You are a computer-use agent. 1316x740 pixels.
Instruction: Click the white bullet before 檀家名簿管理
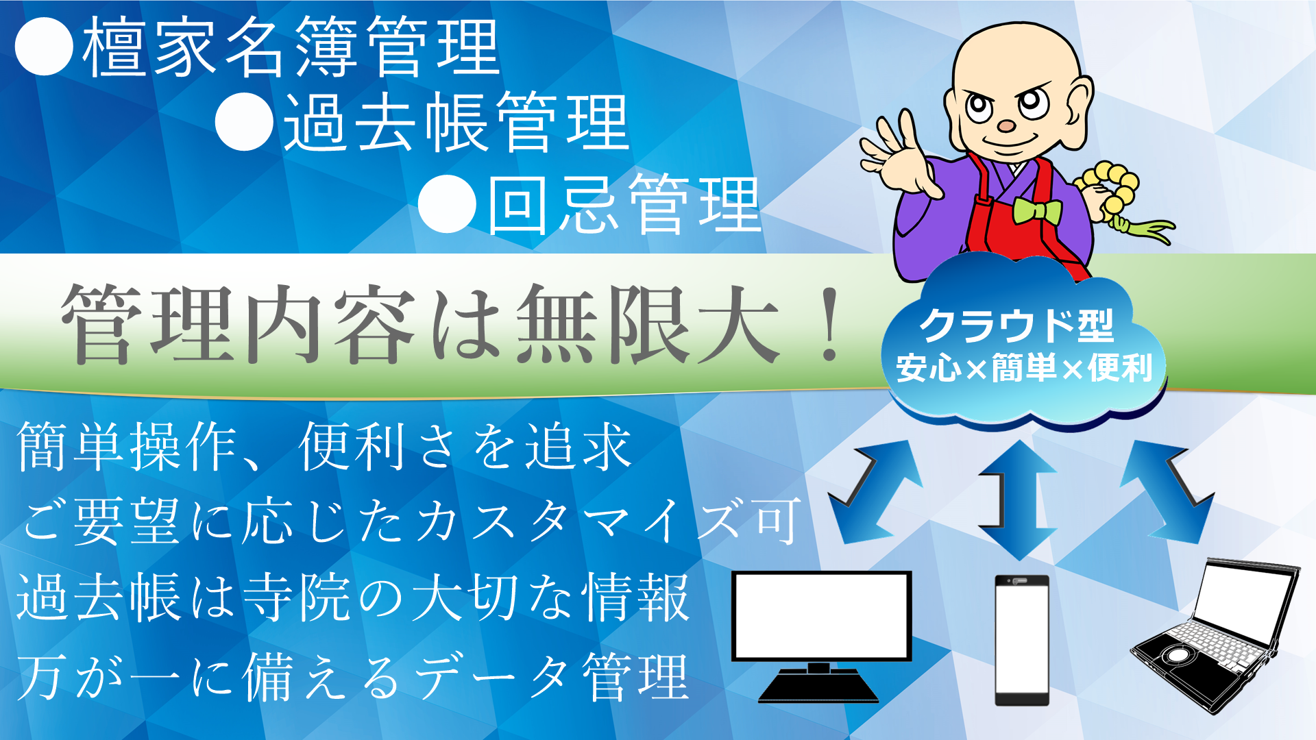(44, 45)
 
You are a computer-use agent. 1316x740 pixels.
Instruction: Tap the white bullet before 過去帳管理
(245, 121)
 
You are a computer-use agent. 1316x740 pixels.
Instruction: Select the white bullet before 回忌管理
(447, 203)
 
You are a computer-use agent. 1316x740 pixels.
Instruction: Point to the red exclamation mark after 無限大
(830, 324)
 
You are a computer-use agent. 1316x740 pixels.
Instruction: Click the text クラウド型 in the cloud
(1016, 325)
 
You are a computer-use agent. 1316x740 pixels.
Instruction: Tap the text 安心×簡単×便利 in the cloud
(1024, 368)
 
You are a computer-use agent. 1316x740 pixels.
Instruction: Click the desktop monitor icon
(821, 634)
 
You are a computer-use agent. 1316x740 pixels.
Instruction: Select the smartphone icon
(1022, 640)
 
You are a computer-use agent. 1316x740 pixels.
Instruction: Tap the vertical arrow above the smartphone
(1019, 500)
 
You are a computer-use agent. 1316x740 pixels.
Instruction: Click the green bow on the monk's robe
(1037, 211)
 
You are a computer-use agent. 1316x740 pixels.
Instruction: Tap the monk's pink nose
(1006, 126)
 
